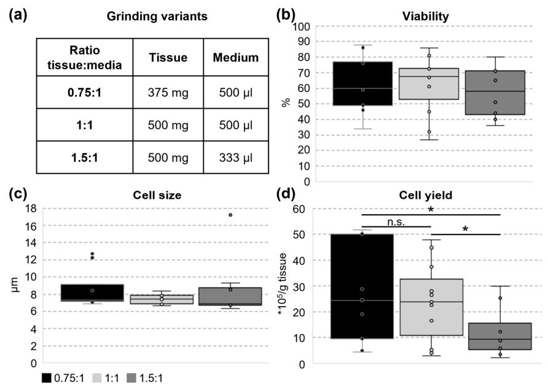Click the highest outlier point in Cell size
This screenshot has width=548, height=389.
tap(506, 215)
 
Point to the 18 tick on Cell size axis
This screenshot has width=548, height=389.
tap(30, 209)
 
